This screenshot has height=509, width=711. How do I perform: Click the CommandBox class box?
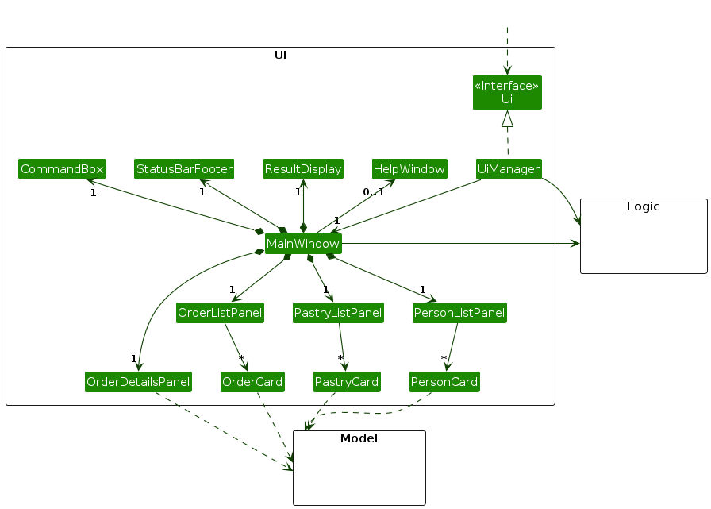[x=62, y=169]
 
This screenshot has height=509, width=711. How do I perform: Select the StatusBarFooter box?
[x=184, y=169]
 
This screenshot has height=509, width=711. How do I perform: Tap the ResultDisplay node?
[x=303, y=169]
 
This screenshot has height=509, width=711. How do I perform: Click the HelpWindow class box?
[x=409, y=169]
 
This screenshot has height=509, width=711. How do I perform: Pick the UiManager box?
[x=509, y=169]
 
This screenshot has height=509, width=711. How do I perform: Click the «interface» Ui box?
[x=507, y=93]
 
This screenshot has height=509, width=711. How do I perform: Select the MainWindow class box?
[x=303, y=243]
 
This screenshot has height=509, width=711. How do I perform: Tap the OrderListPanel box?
[x=220, y=313]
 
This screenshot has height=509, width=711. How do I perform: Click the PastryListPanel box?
[x=338, y=313]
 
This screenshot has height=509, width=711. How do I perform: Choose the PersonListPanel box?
[x=459, y=313]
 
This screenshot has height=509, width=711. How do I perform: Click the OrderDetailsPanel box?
[x=138, y=382]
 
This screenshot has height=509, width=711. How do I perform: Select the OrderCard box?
[x=252, y=382]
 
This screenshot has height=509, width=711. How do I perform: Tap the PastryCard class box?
[x=347, y=382]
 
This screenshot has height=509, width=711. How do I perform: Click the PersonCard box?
[x=444, y=382]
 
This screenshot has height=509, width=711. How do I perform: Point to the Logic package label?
[x=644, y=206]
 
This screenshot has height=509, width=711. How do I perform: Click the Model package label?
[x=359, y=438]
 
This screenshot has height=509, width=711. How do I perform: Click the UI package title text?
[x=280, y=55]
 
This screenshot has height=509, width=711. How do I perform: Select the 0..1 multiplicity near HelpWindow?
[x=373, y=192]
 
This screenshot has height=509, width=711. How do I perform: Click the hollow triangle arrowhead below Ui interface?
[x=507, y=119]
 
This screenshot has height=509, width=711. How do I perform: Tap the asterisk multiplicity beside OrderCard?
[x=240, y=358]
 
